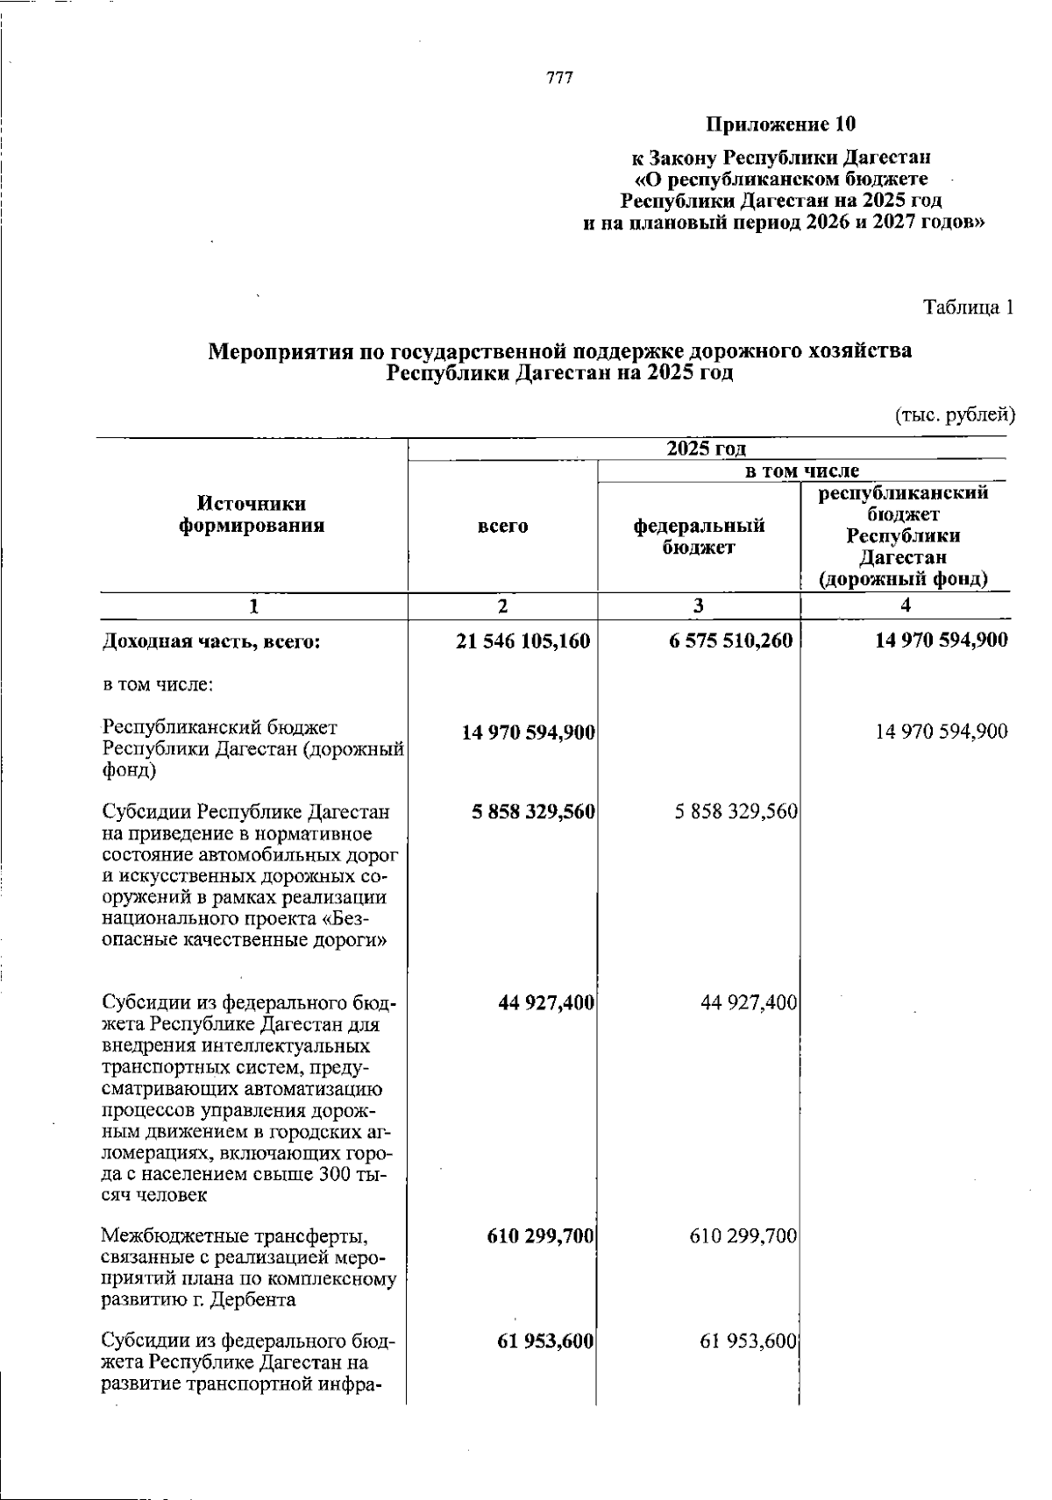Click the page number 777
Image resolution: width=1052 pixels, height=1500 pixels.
click(559, 79)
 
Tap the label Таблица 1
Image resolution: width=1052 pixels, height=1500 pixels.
click(968, 308)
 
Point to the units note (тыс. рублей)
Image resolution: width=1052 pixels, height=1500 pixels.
click(955, 414)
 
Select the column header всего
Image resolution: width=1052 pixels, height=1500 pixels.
click(503, 526)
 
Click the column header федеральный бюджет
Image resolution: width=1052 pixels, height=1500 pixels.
click(699, 536)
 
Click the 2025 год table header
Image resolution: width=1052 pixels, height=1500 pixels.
click(706, 449)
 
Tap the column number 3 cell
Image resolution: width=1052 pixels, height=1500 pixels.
click(698, 605)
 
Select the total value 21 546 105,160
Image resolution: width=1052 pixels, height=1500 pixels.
click(523, 641)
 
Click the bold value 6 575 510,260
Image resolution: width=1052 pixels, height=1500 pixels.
click(730, 641)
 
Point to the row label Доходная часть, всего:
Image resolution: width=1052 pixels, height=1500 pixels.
click(211, 642)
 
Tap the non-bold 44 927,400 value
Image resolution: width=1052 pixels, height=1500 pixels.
click(749, 1002)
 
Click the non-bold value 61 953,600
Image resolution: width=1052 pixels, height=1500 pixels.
click(748, 1341)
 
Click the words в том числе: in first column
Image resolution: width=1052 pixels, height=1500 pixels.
click(158, 684)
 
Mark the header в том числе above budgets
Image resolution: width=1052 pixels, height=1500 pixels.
click(801, 471)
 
